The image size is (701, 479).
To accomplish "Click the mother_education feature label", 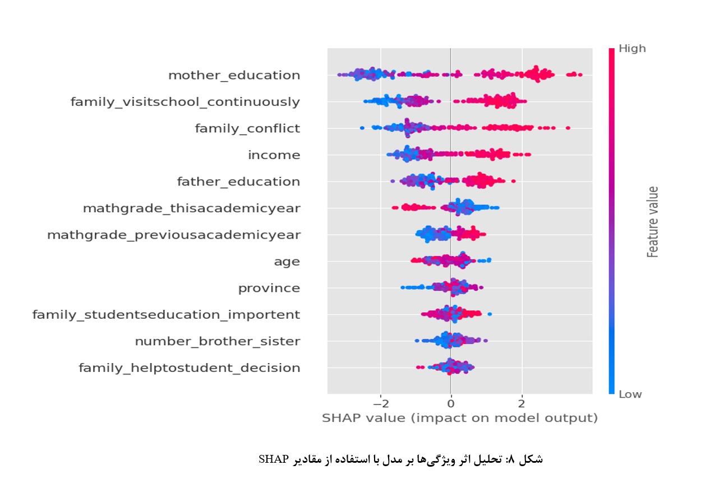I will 234,75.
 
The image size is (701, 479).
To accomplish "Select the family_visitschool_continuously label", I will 185,102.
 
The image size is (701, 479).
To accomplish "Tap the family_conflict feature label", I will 247,128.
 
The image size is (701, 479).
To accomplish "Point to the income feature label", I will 274,155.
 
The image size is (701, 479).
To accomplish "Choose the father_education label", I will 238,182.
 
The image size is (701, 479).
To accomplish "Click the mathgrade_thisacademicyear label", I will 191,208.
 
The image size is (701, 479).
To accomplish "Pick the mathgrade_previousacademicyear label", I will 173,235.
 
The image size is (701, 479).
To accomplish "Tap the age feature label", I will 287,262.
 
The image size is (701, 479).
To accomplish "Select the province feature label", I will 269,288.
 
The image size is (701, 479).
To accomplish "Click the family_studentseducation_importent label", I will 166,315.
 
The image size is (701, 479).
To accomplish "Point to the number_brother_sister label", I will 217,341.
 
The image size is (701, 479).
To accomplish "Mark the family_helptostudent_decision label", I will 189,368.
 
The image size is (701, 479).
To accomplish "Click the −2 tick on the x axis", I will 380,404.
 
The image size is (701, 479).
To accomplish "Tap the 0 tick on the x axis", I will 451,404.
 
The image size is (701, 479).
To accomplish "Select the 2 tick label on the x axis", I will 522,404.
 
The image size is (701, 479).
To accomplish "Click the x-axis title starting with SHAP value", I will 459,418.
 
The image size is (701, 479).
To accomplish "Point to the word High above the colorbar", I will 632,49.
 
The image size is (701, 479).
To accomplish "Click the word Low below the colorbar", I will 630,394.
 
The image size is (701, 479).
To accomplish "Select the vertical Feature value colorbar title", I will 652,222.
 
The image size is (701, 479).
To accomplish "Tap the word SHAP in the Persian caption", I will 273,459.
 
